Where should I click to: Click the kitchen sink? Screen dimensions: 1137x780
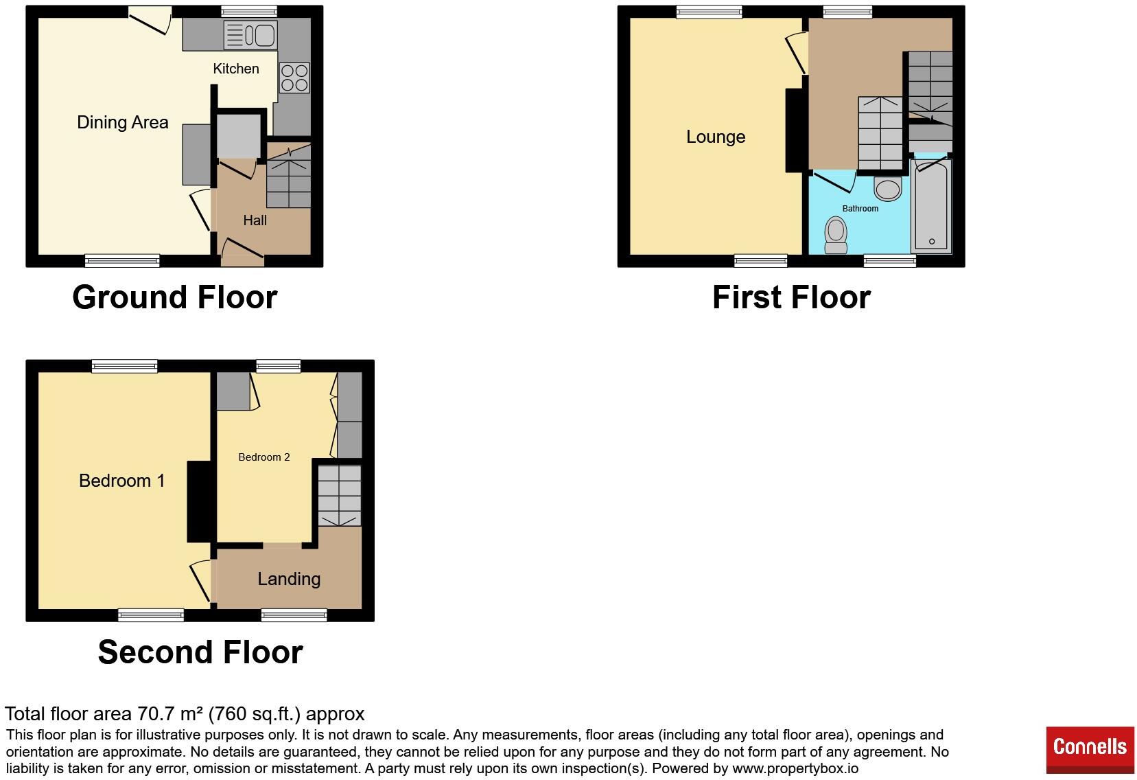(x=250, y=35)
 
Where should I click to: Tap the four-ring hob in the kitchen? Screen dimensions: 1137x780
(x=294, y=78)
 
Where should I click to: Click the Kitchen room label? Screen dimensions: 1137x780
(x=236, y=69)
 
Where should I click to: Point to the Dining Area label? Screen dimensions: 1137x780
(x=123, y=122)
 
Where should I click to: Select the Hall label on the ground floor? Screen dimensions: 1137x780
(x=255, y=220)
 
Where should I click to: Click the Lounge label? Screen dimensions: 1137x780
(x=716, y=137)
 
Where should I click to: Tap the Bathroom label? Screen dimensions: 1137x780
(x=860, y=209)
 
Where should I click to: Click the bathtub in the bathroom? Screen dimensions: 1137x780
(x=931, y=206)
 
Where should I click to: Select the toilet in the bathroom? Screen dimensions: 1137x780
(x=836, y=235)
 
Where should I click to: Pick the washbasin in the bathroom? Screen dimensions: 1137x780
(x=887, y=188)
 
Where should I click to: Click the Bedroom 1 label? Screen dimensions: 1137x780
(x=122, y=481)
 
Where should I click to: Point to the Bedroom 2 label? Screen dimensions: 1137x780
(x=264, y=457)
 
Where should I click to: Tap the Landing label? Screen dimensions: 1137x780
(x=289, y=579)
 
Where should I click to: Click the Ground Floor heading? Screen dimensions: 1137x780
(x=175, y=297)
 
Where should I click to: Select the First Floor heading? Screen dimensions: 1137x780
(x=791, y=297)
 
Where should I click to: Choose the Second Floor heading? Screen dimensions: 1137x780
(x=200, y=652)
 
